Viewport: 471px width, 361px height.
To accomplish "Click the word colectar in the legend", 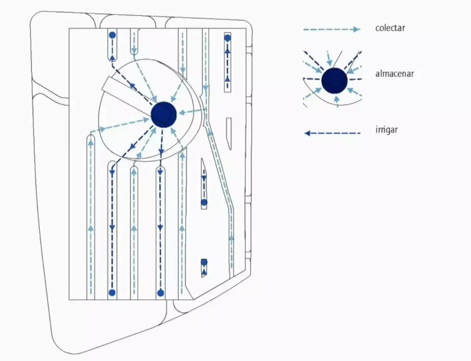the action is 390,28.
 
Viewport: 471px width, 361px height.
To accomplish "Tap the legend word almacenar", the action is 394,73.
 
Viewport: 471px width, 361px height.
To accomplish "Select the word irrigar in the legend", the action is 386,129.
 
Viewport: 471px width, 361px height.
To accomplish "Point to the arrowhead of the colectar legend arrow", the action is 356,29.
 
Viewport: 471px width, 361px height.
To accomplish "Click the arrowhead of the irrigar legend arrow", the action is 308,133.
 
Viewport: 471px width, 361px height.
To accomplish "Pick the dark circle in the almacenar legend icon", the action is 335,80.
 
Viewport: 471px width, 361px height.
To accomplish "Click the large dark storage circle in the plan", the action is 164,114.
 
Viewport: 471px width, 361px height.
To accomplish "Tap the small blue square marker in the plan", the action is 204,262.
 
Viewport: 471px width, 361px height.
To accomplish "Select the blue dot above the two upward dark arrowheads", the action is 228,38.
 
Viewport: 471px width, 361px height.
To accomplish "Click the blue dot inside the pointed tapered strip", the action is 204,202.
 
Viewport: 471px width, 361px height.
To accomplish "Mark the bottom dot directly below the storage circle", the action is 160,293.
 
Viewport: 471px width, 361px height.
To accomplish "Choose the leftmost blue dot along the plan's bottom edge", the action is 112,292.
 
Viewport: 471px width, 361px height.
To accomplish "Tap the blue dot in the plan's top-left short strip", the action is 112,35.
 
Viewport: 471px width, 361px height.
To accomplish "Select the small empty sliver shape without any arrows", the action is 229,133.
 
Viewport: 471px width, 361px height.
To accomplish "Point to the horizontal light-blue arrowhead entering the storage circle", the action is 183,113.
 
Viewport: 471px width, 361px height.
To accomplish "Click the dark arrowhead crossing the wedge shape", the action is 132,86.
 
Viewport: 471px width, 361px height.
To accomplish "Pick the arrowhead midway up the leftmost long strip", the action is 91,228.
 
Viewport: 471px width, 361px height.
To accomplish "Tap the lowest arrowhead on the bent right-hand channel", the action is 231,237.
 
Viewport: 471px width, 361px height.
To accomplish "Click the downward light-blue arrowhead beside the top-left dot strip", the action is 135,51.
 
